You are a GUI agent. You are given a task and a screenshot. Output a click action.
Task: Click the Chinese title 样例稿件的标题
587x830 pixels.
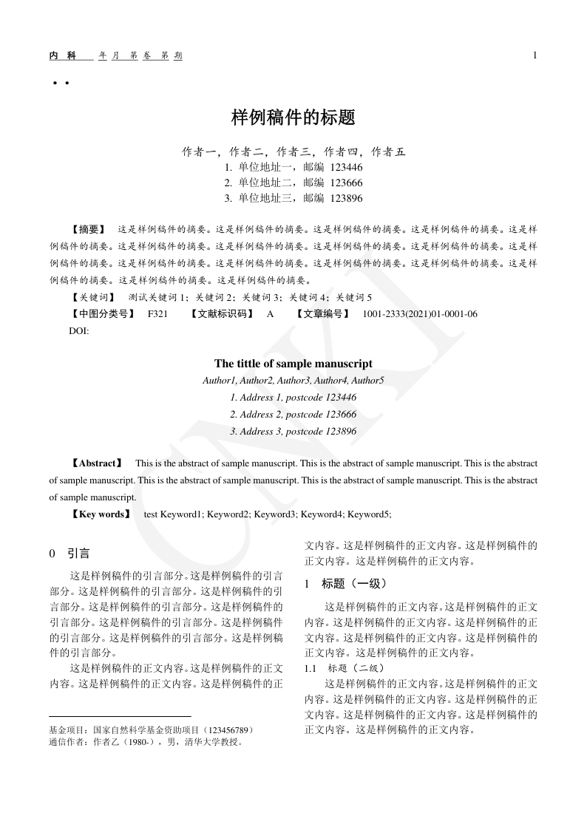tap(293, 117)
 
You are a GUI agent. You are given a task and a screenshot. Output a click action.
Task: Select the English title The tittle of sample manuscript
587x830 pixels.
tap(293, 363)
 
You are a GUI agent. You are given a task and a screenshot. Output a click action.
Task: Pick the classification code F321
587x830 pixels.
tap(158, 314)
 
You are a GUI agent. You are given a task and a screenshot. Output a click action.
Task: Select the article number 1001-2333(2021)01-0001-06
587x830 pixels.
tap(419, 314)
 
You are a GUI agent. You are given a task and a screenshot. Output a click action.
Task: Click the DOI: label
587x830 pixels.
tap(79, 331)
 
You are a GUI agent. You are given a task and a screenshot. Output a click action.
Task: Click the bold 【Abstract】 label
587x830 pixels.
tap(97, 463)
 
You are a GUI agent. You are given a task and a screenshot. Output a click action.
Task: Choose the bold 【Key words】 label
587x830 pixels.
tap(101, 514)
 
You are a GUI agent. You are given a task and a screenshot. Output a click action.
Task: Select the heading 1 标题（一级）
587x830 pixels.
tap(346, 584)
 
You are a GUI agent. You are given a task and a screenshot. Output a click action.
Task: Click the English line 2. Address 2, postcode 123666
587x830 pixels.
tap(293, 414)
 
